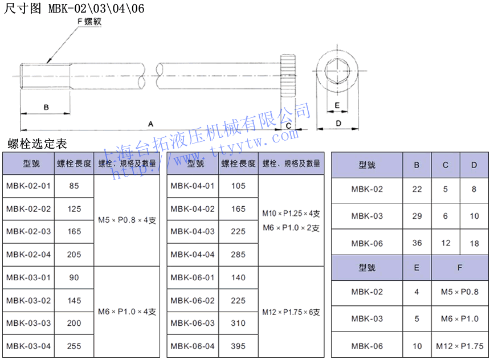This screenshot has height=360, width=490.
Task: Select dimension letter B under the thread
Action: [x=46, y=107]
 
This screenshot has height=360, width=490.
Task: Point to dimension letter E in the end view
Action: [x=337, y=105]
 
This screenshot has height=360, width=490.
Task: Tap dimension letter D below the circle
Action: [x=338, y=123]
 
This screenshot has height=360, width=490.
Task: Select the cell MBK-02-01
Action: [x=28, y=186]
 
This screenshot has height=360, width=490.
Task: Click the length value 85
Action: [x=74, y=186]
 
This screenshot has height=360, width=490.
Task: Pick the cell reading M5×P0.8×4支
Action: [x=127, y=220]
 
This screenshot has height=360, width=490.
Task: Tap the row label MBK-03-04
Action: [x=28, y=346]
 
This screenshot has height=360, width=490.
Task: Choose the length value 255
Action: [x=74, y=346]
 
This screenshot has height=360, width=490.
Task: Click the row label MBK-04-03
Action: [x=193, y=231]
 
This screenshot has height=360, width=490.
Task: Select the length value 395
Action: [x=238, y=346]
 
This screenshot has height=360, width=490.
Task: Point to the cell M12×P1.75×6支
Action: [x=291, y=312]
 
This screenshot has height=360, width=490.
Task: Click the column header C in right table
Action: [x=446, y=165]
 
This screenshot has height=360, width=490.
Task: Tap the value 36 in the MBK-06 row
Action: [x=417, y=243]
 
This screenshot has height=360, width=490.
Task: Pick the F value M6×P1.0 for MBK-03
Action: [x=460, y=318]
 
